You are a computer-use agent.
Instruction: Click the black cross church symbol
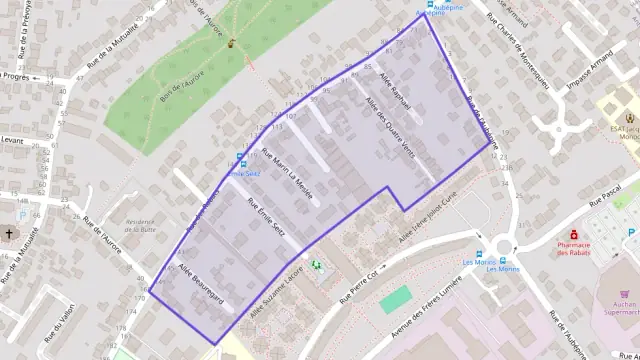(9, 234)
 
